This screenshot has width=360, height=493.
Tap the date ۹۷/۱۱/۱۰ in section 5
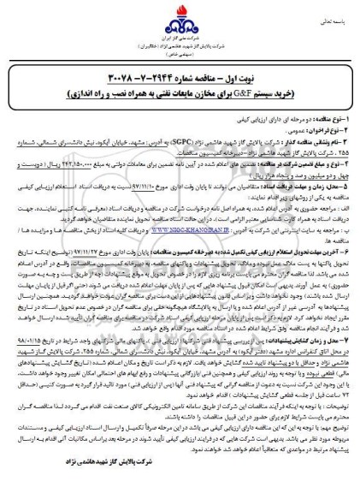pyautogui.click(x=126, y=194)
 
